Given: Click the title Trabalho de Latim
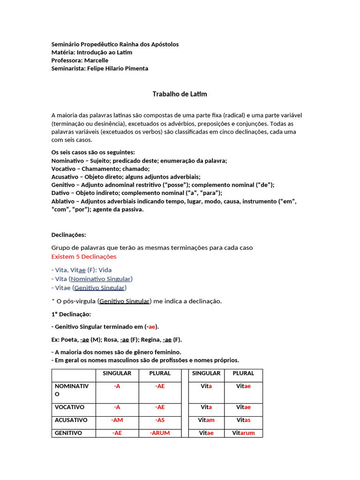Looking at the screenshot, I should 180,94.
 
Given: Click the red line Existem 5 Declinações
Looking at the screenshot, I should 84,257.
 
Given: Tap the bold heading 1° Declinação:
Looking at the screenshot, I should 71,314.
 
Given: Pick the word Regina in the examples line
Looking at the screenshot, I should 150,340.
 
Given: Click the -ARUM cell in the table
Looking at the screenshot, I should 160,433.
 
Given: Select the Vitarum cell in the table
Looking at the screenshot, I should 243,433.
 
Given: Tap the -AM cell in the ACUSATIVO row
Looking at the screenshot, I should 117,420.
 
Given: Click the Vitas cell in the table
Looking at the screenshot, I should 243,420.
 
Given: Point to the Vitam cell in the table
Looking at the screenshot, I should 206,420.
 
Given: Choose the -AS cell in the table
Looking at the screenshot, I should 160,420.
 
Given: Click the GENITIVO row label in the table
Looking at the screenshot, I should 68,433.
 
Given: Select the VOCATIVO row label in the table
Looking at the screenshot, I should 69,407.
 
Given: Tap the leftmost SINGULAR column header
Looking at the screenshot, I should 117,374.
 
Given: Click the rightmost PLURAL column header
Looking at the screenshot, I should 243,374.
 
